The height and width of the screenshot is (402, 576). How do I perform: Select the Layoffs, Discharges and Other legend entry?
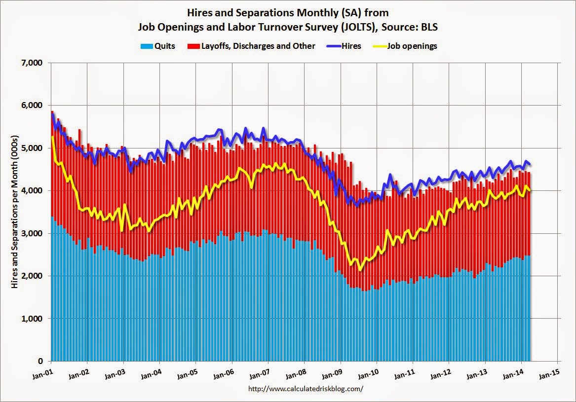[256, 46]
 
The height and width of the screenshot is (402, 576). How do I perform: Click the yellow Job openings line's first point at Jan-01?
[52, 137]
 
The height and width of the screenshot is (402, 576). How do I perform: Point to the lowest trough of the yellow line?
[361, 269]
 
